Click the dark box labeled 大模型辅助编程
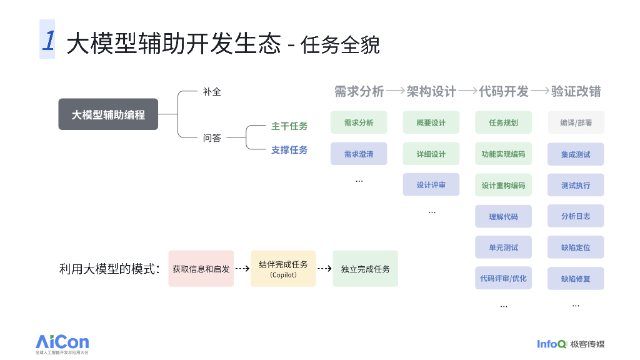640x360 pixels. [108, 114]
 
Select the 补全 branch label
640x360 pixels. [212, 92]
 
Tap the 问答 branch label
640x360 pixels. [212, 138]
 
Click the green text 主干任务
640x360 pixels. [289, 126]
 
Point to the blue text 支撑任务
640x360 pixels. [289, 150]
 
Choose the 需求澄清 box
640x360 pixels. [359, 154]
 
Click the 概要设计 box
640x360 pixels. [431, 122]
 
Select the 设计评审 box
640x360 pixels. [431, 185]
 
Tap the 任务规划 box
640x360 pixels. [503, 122]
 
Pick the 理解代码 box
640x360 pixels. [503, 216]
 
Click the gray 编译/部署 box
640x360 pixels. [576, 122]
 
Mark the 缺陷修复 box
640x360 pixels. [576, 279]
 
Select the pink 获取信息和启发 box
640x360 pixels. [201, 269]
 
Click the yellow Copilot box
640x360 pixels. [283, 269]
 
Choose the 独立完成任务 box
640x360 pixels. [365, 269]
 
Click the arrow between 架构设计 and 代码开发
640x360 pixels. [467, 91]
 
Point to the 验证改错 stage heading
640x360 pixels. [576, 91]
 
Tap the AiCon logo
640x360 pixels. [62, 344]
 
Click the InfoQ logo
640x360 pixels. [571, 344]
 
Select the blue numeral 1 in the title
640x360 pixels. [48, 39]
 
